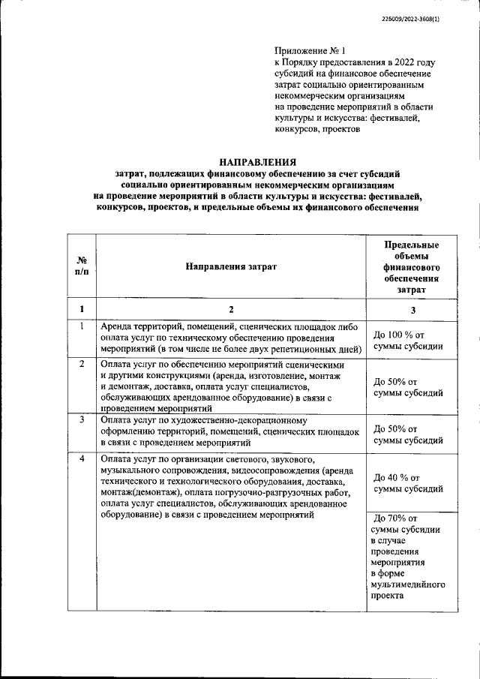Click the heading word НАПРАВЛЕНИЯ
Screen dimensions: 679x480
pos(257,161)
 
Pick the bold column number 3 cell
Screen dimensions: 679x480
pos(411,309)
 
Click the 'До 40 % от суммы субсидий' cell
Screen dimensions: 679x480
pos(408,482)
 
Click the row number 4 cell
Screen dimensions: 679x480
pos(81,458)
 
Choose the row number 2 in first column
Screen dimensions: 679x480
pos(81,363)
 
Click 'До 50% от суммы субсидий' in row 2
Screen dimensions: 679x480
pos(408,386)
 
